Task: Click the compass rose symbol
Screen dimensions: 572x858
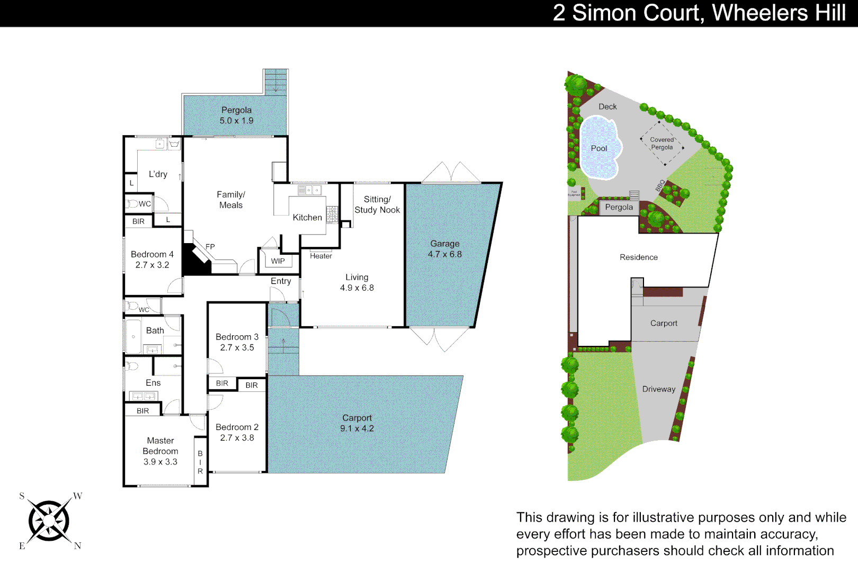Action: click(x=49, y=521)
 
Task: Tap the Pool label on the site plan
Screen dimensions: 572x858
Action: click(x=598, y=148)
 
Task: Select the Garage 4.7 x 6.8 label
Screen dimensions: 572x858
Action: click(x=444, y=249)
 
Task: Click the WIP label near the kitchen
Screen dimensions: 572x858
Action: click(x=278, y=261)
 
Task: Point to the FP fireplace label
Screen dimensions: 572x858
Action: click(x=210, y=246)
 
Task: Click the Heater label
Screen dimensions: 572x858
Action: click(x=320, y=256)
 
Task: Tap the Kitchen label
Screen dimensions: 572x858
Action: click(x=307, y=217)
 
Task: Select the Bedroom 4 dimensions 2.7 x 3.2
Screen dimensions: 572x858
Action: click(x=152, y=265)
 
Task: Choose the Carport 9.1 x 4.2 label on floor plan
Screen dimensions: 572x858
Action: click(x=357, y=423)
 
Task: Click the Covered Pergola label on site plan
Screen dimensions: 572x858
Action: click(x=662, y=144)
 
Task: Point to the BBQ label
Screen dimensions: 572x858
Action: click(x=660, y=185)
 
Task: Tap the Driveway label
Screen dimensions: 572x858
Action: click(x=659, y=389)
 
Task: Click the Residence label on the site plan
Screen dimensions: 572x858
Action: click(x=639, y=257)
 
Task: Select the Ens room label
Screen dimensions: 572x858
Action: click(x=153, y=382)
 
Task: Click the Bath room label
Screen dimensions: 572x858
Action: click(x=155, y=330)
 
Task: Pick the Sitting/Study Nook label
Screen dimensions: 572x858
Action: click(x=377, y=204)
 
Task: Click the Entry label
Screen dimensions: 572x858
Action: click(x=281, y=281)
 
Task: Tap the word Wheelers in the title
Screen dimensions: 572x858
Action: click(x=759, y=13)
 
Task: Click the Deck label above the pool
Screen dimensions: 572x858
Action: click(x=607, y=106)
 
